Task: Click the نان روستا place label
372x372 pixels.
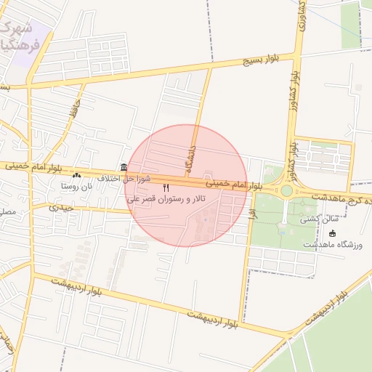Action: [x=77, y=187]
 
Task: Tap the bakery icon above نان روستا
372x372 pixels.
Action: [x=77, y=176]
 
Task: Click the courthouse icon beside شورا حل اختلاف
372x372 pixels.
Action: [x=124, y=168]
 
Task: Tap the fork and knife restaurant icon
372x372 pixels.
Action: [x=166, y=188]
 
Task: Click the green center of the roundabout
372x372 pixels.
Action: [x=286, y=191]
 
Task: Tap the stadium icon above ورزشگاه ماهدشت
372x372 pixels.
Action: [x=333, y=233]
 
